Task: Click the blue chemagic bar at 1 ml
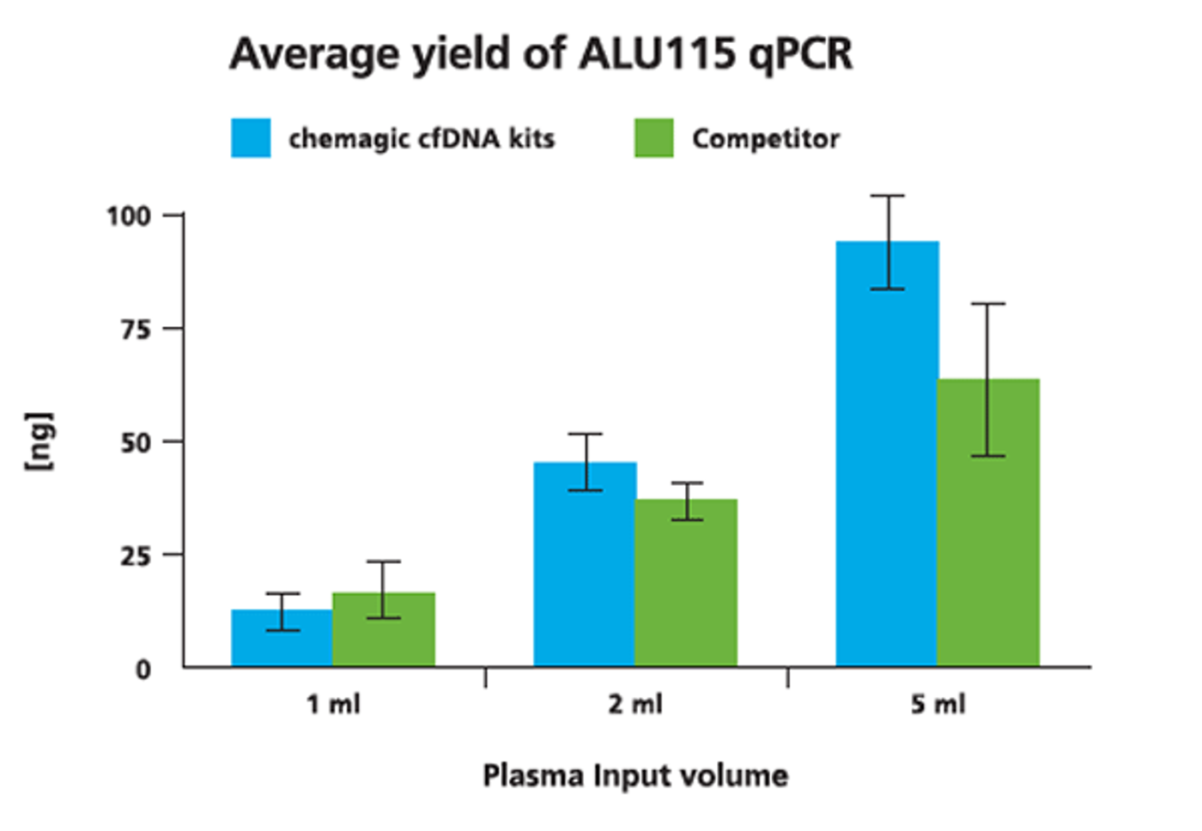pyautogui.click(x=282, y=644)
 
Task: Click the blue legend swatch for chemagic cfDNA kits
pyautogui.click(x=251, y=138)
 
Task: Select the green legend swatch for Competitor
pyautogui.click(x=654, y=138)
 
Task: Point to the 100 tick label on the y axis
pyautogui.click(x=129, y=215)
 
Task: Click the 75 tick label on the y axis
pyautogui.click(x=136, y=330)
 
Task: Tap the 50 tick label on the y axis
pyautogui.click(x=136, y=443)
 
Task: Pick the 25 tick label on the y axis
pyautogui.click(x=136, y=556)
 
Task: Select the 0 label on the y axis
pyautogui.click(x=143, y=670)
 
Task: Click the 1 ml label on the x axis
pyautogui.click(x=333, y=705)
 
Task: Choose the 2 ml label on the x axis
pyautogui.click(x=635, y=705)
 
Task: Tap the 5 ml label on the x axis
pyautogui.click(x=938, y=705)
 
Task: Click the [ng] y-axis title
pyautogui.click(x=39, y=441)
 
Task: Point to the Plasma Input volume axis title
pyautogui.click(x=635, y=775)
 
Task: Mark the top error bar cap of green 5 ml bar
pyautogui.click(x=988, y=303)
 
